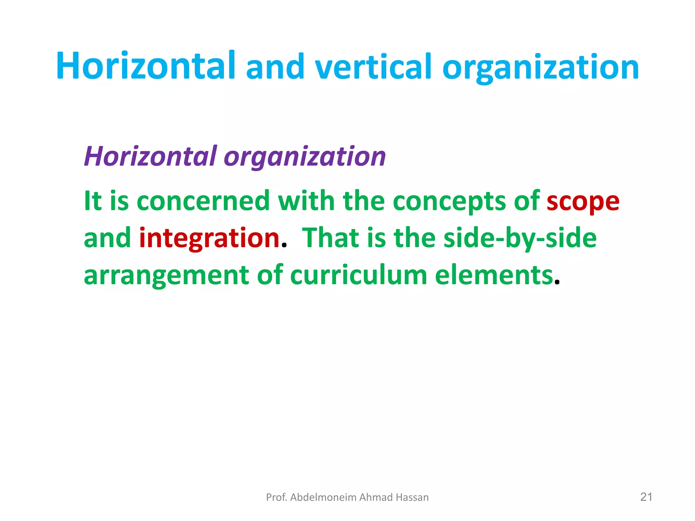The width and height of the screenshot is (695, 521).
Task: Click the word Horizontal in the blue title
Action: (x=146, y=66)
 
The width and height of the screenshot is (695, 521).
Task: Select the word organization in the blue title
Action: (x=541, y=68)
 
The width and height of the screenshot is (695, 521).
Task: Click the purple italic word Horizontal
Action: (x=150, y=156)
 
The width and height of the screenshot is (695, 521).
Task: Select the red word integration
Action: (x=209, y=238)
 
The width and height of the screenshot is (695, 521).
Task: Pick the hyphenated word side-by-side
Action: (x=520, y=238)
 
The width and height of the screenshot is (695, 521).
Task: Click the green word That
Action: (x=331, y=238)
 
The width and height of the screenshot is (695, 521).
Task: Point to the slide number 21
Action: (x=646, y=497)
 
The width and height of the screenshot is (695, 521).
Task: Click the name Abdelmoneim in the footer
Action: (x=323, y=497)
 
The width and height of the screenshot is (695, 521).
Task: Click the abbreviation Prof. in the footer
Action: (x=277, y=497)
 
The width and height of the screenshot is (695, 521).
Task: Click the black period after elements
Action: (x=557, y=282)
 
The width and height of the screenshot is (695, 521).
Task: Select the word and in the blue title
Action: (x=275, y=67)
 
